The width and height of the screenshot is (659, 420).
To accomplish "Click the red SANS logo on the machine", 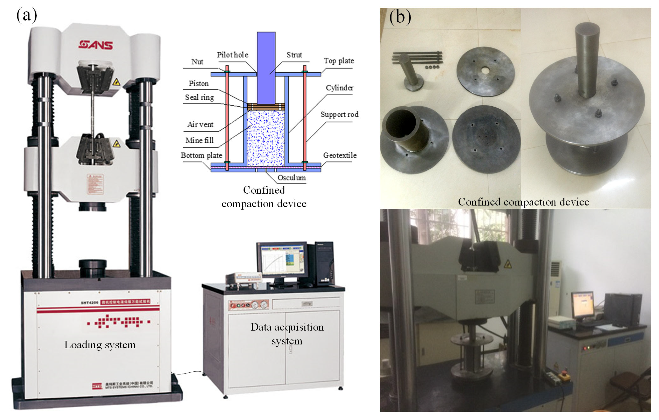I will (x=95, y=45).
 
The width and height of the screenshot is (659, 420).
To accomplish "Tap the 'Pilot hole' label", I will (x=232, y=55).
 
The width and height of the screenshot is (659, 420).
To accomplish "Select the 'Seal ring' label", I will (x=199, y=97).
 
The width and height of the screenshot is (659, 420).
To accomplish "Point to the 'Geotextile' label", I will (x=340, y=155).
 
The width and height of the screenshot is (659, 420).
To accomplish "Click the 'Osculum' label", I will (x=291, y=178).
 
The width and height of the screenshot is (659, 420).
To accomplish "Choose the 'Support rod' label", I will (x=339, y=114).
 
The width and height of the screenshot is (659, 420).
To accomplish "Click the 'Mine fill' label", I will (x=199, y=140).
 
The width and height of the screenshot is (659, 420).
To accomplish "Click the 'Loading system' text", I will (x=100, y=345).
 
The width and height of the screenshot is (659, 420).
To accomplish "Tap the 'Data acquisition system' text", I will (x=287, y=334).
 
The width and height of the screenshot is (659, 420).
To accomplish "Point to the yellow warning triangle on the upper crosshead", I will (x=116, y=82).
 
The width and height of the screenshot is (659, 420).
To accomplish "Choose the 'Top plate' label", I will (x=339, y=61).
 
